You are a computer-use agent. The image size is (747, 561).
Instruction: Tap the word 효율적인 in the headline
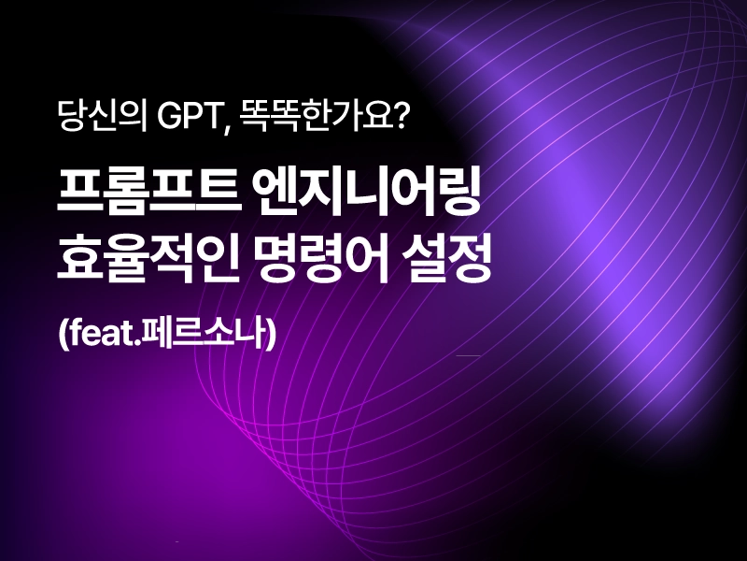[x=148, y=259]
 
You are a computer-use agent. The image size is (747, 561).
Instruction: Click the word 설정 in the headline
[x=446, y=259]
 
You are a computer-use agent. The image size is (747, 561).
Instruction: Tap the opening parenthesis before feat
[x=63, y=334]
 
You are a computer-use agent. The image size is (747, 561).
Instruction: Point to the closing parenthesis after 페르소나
[x=272, y=334]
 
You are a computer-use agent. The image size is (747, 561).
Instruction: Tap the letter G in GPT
[x=167, y=116]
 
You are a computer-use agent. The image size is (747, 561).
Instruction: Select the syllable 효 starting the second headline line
[x=78, y=259]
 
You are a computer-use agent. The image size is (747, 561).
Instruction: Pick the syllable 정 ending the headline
[x=470, y=259]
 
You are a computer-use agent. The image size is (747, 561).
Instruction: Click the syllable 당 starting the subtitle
[x=72, y=116]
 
